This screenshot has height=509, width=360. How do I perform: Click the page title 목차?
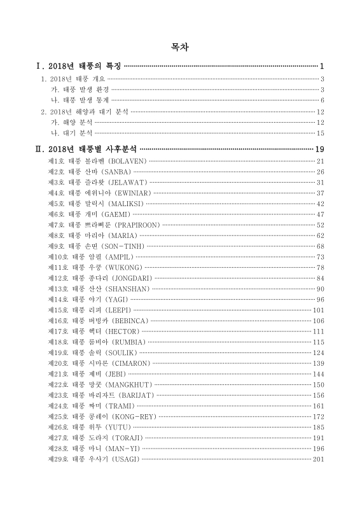[x=179, y=47]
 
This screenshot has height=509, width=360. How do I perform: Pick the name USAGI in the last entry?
[x=123, y=459]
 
